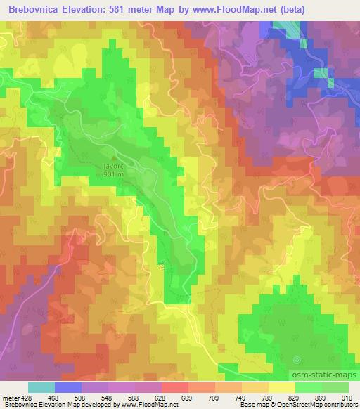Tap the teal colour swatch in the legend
coord(41,387)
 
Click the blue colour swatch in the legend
coord(68,387)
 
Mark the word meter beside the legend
coord(10,397)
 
